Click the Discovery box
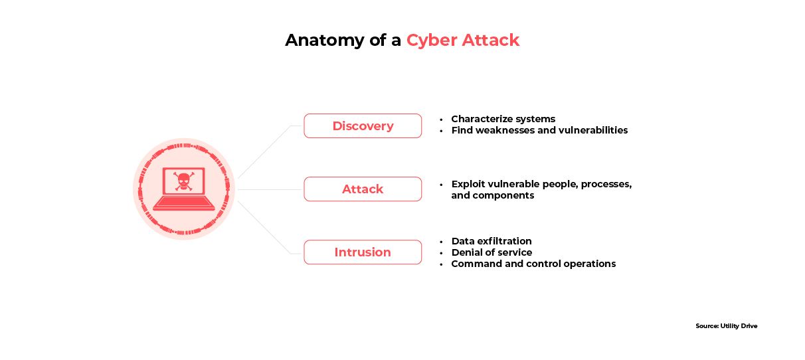(363, 126)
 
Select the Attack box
(363, 189)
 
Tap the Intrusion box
(363, 252)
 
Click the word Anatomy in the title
(317, 41)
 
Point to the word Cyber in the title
(431, 41)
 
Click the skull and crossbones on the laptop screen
(183, 181)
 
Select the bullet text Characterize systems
(503, 119)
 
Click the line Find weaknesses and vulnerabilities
(539, 130)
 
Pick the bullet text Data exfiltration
(492, 241)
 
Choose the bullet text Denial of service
(492, 252)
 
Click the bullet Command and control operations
(533, 264)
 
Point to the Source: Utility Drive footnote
(726, 326)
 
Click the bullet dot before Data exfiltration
(441, 241)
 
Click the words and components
(492, 195)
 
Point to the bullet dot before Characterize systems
(441, 120)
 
